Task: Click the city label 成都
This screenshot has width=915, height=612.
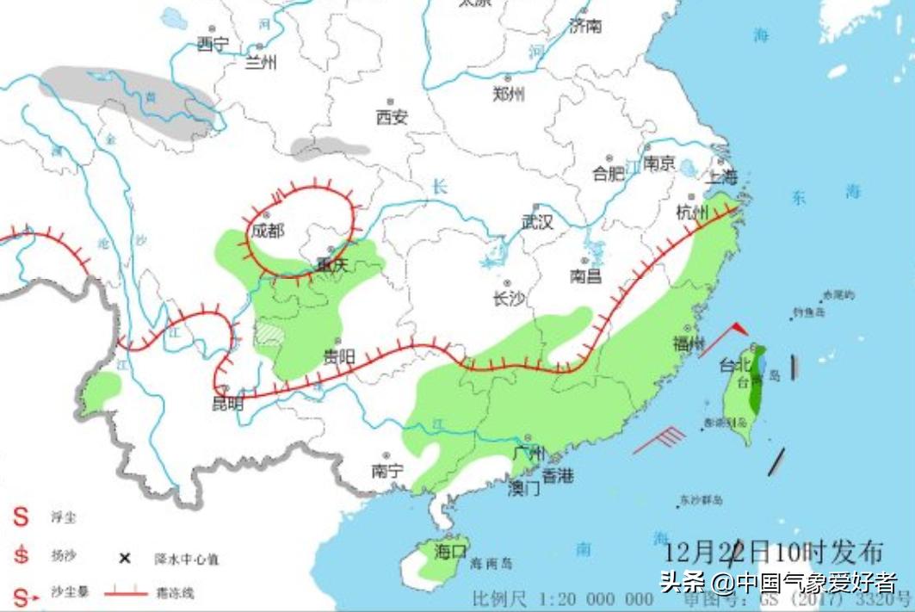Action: [267, 232]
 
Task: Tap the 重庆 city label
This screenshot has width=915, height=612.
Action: [331, 265]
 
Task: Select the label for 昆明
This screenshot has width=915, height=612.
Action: [227, 403]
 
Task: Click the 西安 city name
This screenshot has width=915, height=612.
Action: [392, 118]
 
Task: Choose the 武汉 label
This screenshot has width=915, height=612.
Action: [537, 222]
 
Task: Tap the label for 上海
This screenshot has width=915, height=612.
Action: [722, 178]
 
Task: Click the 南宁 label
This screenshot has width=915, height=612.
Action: [387, 471]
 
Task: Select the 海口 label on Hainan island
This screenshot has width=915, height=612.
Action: [450, 549]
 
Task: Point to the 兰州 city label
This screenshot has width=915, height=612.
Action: [262, 62]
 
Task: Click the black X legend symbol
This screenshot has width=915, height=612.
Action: [125, 559]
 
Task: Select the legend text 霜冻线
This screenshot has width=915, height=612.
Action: [175, 593]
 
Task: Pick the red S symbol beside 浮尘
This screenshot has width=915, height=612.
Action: [20, 517]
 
